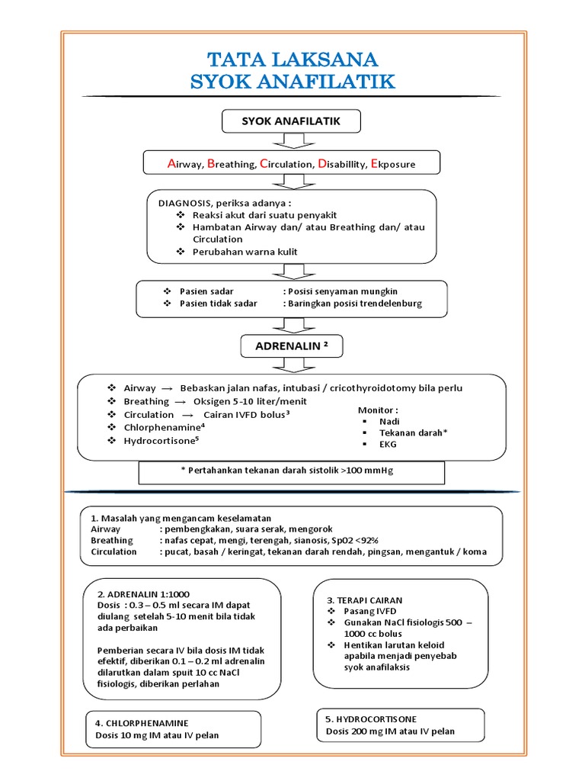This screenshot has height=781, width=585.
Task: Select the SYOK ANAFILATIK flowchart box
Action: click(291, 121)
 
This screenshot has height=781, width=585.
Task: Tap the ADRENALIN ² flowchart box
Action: click(292, 347)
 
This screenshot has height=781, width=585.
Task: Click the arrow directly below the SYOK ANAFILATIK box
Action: click(292, 141)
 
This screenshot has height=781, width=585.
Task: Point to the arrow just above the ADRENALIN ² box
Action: click(292, 325)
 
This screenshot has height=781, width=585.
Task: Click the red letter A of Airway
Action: click(171, 163)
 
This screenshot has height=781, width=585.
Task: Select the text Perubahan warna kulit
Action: click(245, 251)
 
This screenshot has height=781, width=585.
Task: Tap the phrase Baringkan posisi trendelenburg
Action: click(354, 303)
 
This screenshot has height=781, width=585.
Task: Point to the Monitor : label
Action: click(378, 410)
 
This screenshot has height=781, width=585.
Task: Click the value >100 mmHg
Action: click(369, 471)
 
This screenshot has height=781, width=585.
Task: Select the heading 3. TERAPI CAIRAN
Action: click(365, 600)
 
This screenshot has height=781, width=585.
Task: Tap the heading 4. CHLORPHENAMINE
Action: click(142, 722)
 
